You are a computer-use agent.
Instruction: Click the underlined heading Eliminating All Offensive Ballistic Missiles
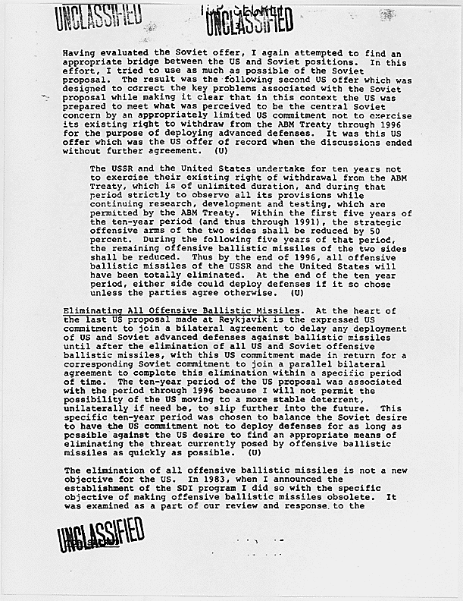point(181,310)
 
